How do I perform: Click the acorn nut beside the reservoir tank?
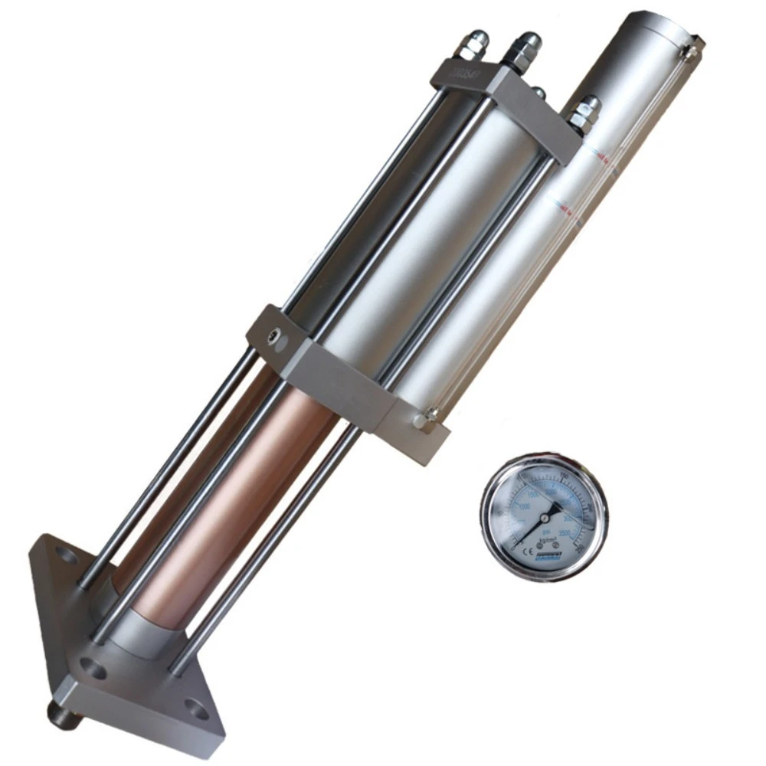point(587,110)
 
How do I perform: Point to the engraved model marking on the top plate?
point(462,73)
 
